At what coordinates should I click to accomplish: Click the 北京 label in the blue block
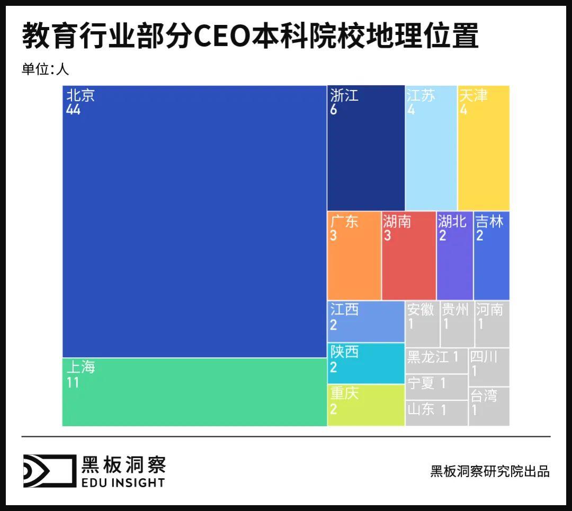[x=81, y=95]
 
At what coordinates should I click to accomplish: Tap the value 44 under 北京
[x=74, y=110]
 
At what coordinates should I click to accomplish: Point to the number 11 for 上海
[x=73, y=382]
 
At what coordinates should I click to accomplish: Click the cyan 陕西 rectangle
[x=365, y=363]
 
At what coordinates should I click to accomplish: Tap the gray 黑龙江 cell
[x=436, y=360]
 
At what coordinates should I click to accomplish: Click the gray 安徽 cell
[x=422, y=324]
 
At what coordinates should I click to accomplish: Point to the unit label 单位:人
[x=46, y=69]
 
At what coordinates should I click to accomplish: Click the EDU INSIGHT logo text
[x=123, y=482]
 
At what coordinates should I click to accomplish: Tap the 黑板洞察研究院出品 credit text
[x=490, y=471]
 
